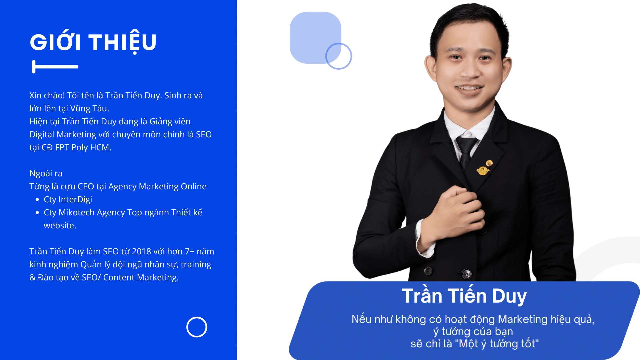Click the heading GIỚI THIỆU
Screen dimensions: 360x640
[x=93, y=42]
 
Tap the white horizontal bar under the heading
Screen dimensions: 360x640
[x=55, y=67]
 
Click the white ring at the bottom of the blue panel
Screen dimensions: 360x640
[x=197, y=327]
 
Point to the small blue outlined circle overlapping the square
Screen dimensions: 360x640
[x=339, y=56]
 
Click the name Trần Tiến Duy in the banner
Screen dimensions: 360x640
[x=464, y=296]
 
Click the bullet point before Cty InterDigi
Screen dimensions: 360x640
[x=37, y=200]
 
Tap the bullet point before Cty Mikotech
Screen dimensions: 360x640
[x=37, y=213]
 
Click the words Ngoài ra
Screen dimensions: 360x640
[x=46, y=174]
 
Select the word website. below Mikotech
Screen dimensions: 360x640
[x=60, y=226]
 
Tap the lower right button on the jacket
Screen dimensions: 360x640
[x=467, y=274]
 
